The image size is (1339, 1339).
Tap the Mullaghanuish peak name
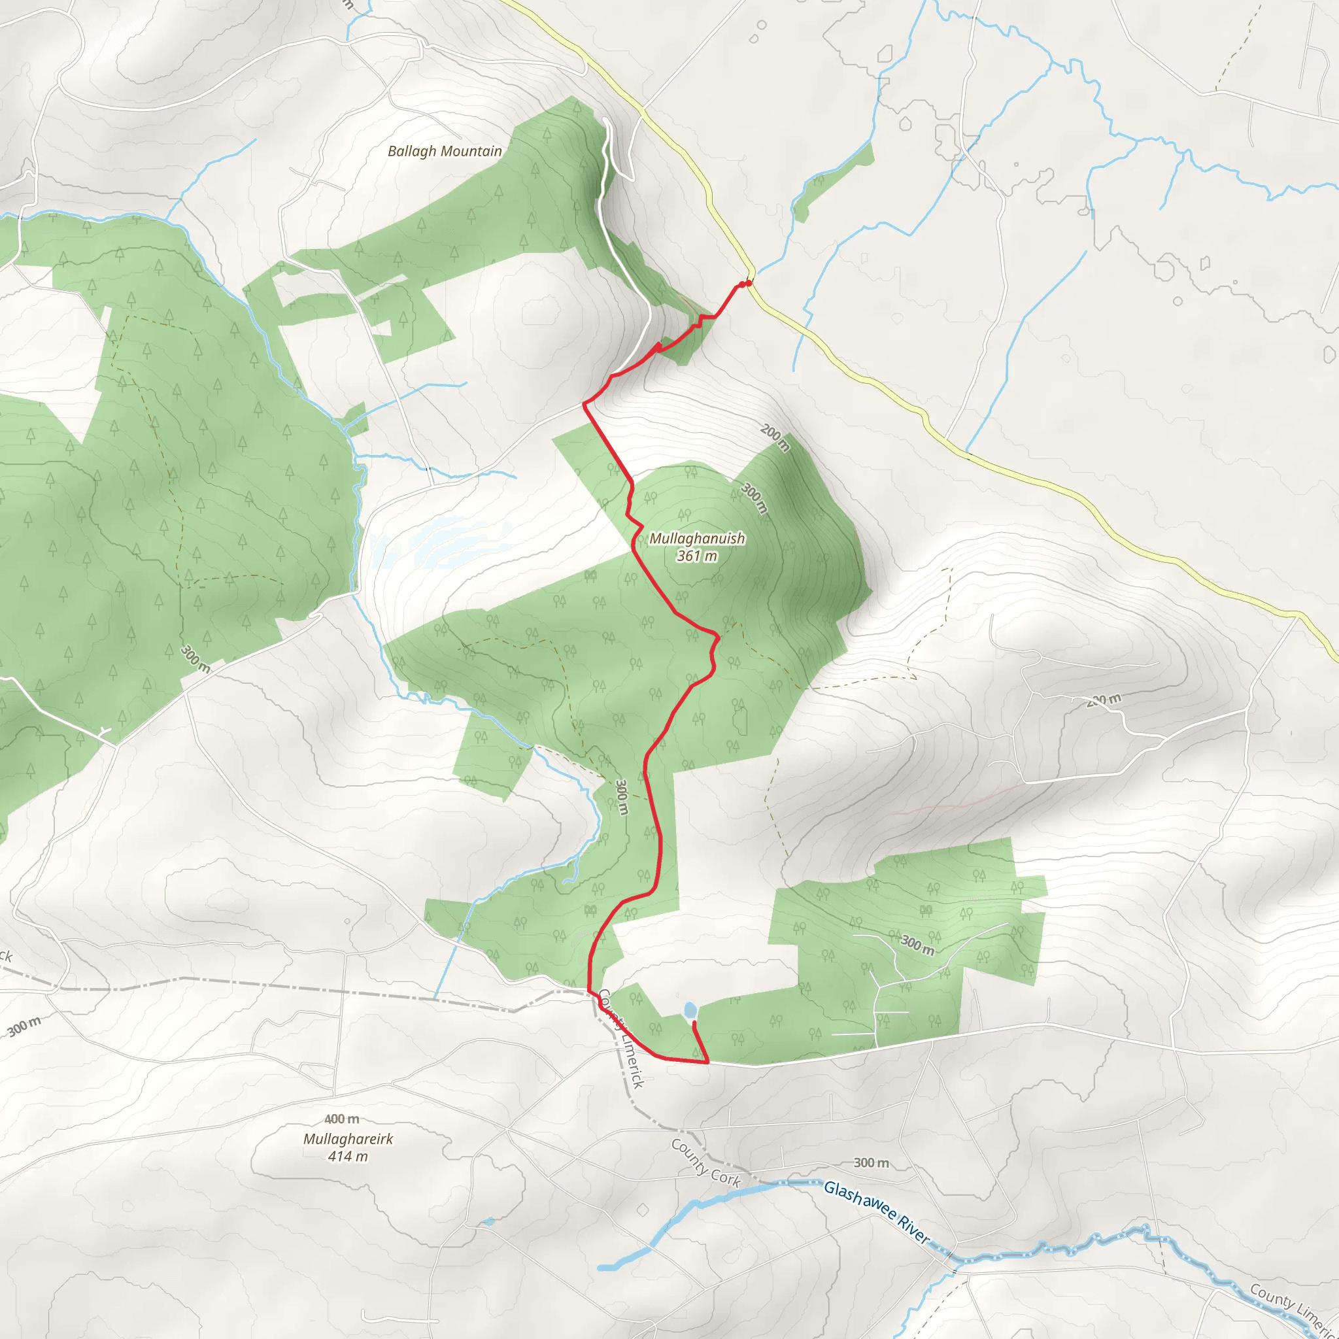696,539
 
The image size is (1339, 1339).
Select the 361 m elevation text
696,556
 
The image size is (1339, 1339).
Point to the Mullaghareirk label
348,1139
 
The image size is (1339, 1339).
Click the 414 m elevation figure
348,1156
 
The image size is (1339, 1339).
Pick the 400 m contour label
342,1119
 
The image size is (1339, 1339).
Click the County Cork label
705,1163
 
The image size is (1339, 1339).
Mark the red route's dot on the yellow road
749,282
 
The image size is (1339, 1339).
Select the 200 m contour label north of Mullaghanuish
775,437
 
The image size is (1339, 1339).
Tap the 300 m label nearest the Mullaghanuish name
754,498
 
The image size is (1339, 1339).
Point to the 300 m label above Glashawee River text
871,1163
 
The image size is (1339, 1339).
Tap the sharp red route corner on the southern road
707,1062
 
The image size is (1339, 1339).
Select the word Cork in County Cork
725,1176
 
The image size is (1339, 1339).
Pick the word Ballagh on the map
413,151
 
